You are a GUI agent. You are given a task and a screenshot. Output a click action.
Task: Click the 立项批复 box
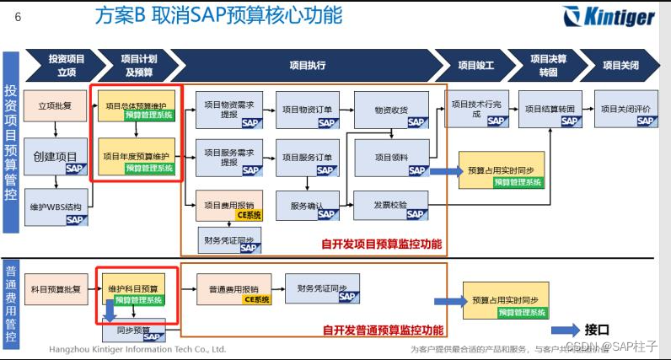point(55,106)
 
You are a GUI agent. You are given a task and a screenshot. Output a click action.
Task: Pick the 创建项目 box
point(55,157)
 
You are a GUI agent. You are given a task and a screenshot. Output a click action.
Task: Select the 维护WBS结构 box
point(55,207)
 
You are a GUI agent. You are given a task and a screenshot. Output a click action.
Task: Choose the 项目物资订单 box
point(307,110)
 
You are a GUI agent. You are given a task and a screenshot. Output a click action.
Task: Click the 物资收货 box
point(391,110)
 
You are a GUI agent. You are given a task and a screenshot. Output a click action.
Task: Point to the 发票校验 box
point(391,206)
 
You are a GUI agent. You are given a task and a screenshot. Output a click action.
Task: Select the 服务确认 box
point(307,206)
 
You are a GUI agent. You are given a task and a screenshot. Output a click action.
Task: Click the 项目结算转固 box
point(550,110)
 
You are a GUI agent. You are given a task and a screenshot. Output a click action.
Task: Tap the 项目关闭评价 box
point(625,110)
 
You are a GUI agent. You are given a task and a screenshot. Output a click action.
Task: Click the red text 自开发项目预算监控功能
point(381,244)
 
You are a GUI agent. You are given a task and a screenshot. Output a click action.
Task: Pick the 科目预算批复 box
point(55,289)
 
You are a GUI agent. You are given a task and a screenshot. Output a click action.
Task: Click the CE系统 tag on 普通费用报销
point(257,298)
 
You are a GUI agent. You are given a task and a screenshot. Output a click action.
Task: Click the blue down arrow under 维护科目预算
point(110,311)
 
